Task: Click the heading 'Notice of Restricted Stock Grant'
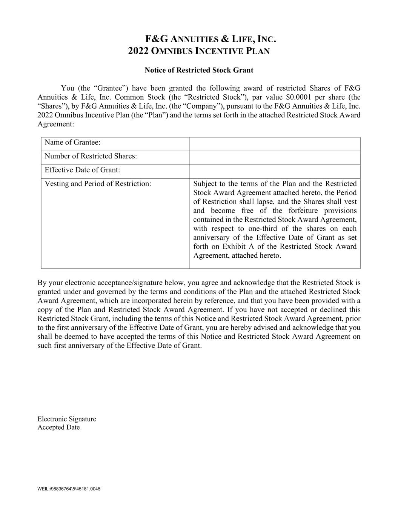coord(199,70)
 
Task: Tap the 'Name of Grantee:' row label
coord(72,143)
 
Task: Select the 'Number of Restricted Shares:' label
coord(91,156)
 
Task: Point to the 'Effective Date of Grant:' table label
coord(82,170)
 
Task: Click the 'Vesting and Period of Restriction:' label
coord(98,184)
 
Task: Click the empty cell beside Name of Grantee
coord(275,144)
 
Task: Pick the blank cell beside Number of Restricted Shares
coord(275,158)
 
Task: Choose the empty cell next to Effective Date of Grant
coord(275,171)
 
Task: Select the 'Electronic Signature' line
coord(67,419)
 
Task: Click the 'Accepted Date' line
coord(58,427)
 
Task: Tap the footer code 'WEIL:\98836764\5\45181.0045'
coord(69,489)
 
